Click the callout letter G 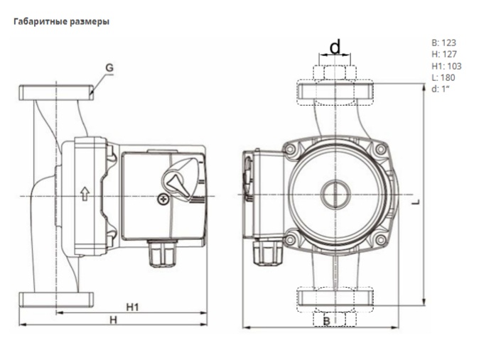tap(109, 68)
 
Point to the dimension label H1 tap(131, 307)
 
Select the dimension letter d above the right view tap(335, 48)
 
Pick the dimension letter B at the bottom tap(326, 321)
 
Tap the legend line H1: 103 tap(446, 66)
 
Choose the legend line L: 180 tap(443, 77)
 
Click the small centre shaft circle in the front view tap(333, 195)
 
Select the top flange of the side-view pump tap(57, 92)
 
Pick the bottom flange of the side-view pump tap(57, 298)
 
